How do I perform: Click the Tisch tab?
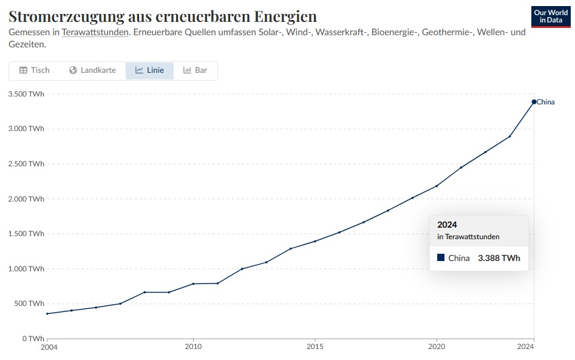[x=35, y=70]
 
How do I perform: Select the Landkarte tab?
[x=92, y=70]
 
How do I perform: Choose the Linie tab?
[x=149, y=70]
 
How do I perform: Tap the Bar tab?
[x=195, y=70]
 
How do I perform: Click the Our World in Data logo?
[x=550, y=16]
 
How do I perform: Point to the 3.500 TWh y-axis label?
[x=26, y=93]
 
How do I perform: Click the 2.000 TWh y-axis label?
[x=26, y=199]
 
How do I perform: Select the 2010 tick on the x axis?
[x=193, y=347]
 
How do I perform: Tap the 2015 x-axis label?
[x=315, y=347]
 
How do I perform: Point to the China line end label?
[x=546, y=102]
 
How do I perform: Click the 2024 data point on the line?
[x=534, y=101]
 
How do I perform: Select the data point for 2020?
[x=437, y=186]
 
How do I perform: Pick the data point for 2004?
[x=47, y=314]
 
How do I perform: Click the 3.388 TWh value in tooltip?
[x=499, y=258]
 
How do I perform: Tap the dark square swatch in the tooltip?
[x=441, y=258]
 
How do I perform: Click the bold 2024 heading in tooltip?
[x=447, y=225]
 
